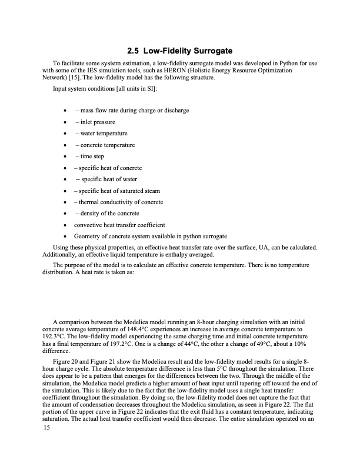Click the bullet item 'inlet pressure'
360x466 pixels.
pos(95,122)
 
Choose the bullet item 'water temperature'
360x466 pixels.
pos(101,134)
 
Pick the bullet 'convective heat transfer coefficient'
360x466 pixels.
pos(119,225)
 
